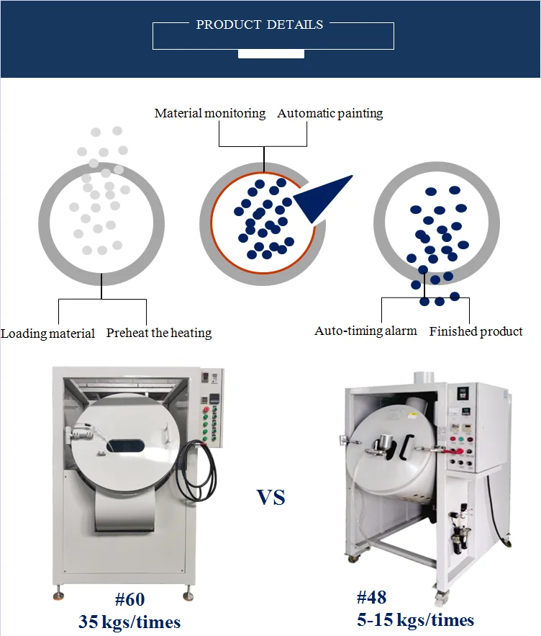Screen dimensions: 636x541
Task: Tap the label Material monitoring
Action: [x=210, y=114]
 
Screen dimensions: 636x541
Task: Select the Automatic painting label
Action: [x=330, y=114]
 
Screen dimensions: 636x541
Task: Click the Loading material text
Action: [x=48, y=333]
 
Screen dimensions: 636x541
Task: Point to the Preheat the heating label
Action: [x=159, y=333]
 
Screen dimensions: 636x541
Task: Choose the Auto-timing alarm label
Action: [x=365, y=331]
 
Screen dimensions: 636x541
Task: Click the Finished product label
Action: [x=476, y=331]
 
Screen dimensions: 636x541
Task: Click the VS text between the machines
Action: [x=271, y=497]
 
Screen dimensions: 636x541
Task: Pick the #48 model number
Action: [x=371, y=597]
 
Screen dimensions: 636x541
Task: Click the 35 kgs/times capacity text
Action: [x=129, y=622]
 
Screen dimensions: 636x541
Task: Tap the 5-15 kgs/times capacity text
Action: [x=415, y=619]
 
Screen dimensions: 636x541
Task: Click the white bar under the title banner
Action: [x=270, y=53]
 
